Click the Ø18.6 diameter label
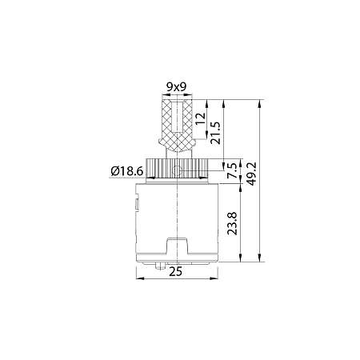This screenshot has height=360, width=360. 129,170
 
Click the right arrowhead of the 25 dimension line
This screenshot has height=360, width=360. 217,278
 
